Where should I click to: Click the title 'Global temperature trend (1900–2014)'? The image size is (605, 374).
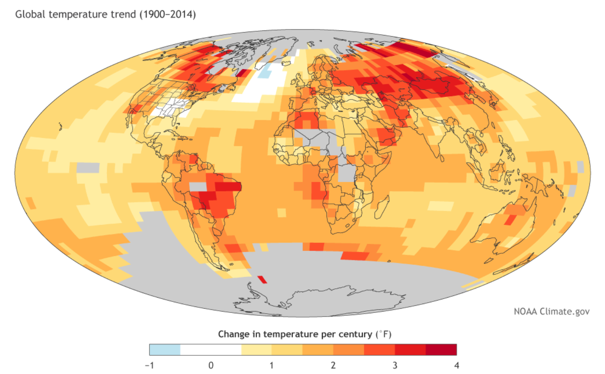tap(105, 14)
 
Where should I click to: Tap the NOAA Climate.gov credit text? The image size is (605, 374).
tap(551, 312)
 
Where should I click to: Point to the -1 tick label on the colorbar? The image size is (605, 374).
tap(149, 365)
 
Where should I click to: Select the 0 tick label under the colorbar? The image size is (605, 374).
tap(211, 365)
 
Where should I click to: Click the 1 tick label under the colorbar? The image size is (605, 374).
tap(272, 365)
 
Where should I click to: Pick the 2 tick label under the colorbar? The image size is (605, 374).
tap(333, 365)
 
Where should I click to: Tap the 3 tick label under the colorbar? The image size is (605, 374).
tap(395, 365)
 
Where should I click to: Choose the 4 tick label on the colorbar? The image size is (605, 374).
tap(456, 365)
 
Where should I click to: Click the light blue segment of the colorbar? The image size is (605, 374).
tap(165, 350)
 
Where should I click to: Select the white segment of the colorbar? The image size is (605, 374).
tap(211, 350)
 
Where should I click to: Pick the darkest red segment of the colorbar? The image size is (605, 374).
tap(441, 350)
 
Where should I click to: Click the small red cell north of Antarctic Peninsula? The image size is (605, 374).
tap(262, 279)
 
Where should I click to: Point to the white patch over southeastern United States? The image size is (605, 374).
tap(171, 108)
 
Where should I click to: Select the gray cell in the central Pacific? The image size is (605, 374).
tap(88, 167)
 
